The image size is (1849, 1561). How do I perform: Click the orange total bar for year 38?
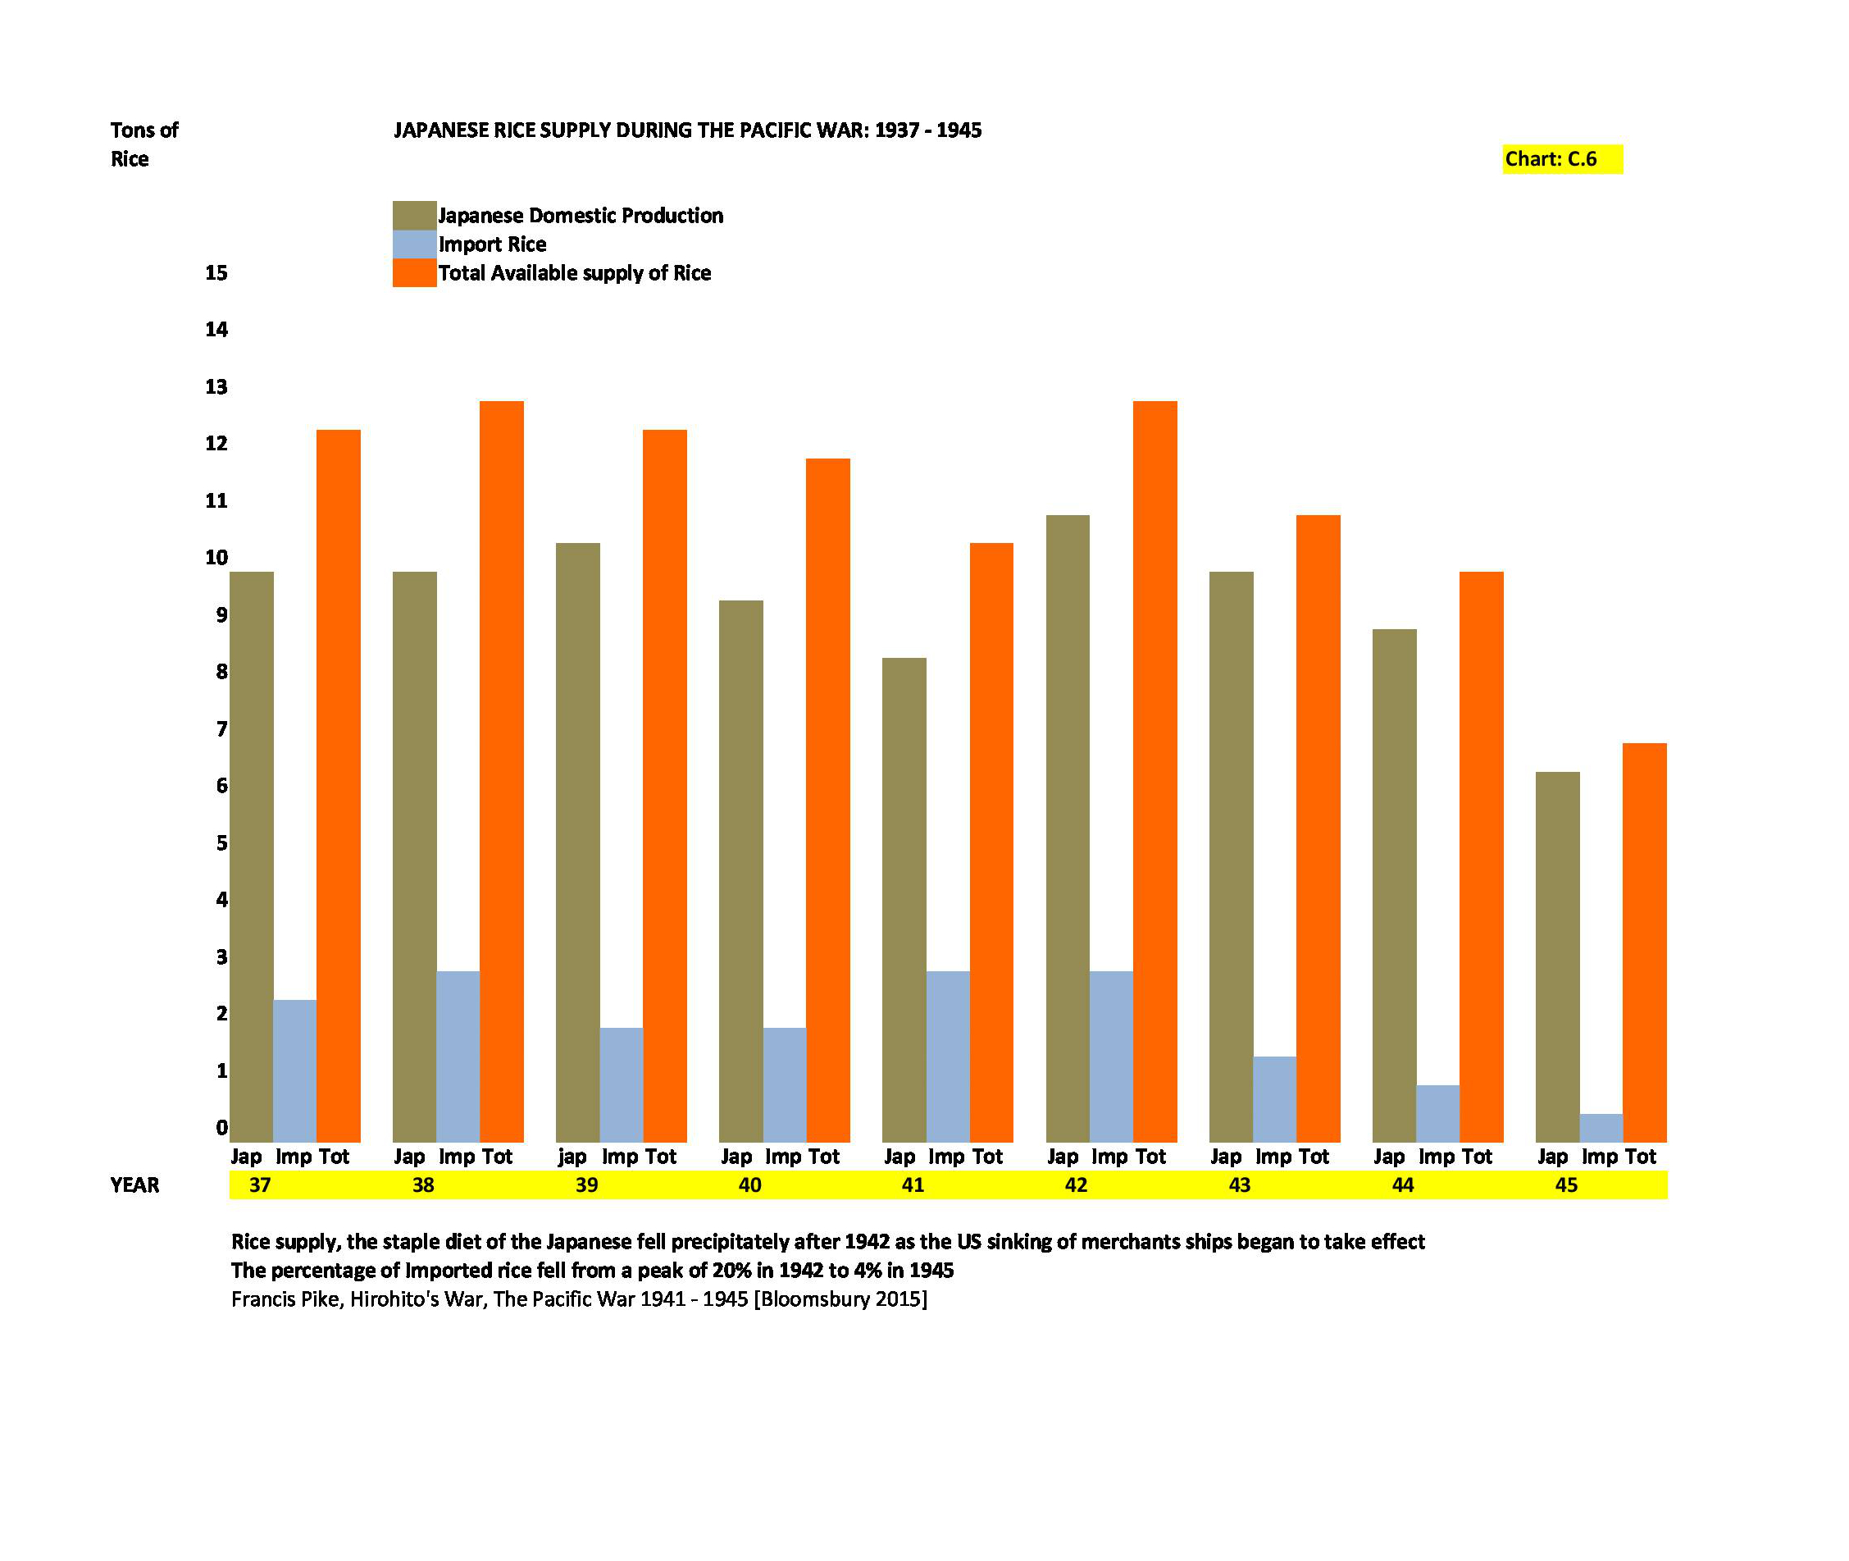pyautogui.click(x=501, y=770)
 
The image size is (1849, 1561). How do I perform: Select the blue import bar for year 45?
pyautogui.click(x=1601, y=1127)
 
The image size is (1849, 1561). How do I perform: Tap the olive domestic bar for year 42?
pyautogui.click(x=1067, y=828)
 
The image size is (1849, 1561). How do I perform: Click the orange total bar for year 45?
pyautogui.click(x=1644, y=942)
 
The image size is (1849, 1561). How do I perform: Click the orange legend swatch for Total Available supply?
pyautogui.click(x=414, y=272)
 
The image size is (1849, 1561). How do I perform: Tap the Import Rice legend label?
pyautogui.click(x=492, y=244)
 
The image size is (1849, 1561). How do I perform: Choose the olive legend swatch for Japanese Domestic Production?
pyautogui.click(x=414, y=215)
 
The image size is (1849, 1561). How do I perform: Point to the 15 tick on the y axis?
pyautogui.click(x=216, y=272)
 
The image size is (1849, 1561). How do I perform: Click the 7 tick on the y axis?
pyautogui.click(x=221, y=729)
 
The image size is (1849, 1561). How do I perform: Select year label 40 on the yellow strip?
pyautogui.click(x=749, y=1185)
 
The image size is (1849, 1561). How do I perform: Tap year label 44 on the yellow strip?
pyautogui.click(x=1402, y=1185)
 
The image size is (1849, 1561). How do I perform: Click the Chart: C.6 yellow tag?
pyautogui.click(x=1561, y=159)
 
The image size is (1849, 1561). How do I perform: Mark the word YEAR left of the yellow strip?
pyautogui.click(x=134, y=1185)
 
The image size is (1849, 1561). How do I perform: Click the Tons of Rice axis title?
pyautogui.click(x=143, y=144)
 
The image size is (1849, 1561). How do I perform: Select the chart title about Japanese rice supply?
pyautogui.click(x=687, y=131)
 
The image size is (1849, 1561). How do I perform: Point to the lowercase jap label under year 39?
pyautogui.click(x=572, y=1157)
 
